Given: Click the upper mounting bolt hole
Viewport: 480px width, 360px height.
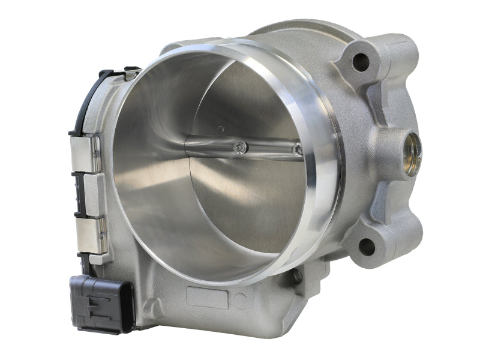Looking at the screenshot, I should tap(361, 60).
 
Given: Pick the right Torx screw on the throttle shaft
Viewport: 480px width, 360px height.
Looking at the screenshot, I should tap(297, 151).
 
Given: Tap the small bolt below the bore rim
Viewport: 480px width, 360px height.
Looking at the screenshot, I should tap(296, 277).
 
